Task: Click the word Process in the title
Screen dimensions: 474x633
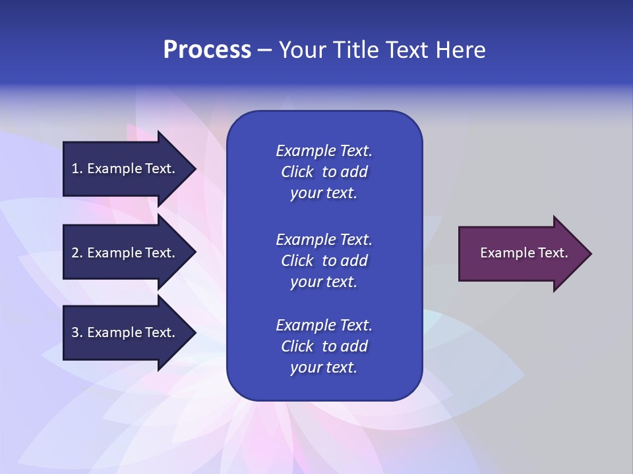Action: [x=207, y=50]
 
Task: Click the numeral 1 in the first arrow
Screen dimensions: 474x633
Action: [x=75, y=169]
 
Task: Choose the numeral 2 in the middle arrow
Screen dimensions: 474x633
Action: [x=75, y=253]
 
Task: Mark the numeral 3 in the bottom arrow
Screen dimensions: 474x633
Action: [x=75, y=332]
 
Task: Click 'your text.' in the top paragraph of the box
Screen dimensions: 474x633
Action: [x=324, y=193]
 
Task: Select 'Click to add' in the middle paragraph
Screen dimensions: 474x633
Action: [x=324, y=261]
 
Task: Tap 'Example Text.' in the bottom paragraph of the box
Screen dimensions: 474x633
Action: [x=324, y=325]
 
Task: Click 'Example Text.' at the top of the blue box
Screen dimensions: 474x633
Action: [x=324, y=151]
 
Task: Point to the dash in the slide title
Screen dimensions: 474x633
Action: [x=265, y=51]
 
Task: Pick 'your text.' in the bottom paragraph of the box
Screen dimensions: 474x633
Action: [x=324, y=367]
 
